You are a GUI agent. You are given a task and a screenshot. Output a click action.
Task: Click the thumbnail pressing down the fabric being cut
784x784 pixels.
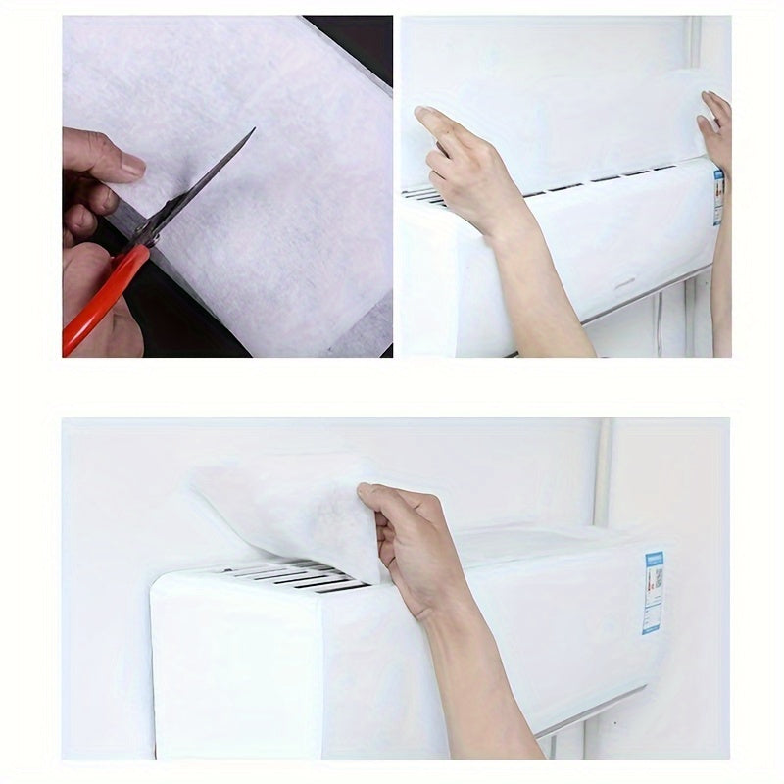[131, 166]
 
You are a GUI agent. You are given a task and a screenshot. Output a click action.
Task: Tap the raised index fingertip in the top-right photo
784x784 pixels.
[425, 116]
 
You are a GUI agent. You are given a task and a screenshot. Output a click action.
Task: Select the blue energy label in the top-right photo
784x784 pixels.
[718, 196]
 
